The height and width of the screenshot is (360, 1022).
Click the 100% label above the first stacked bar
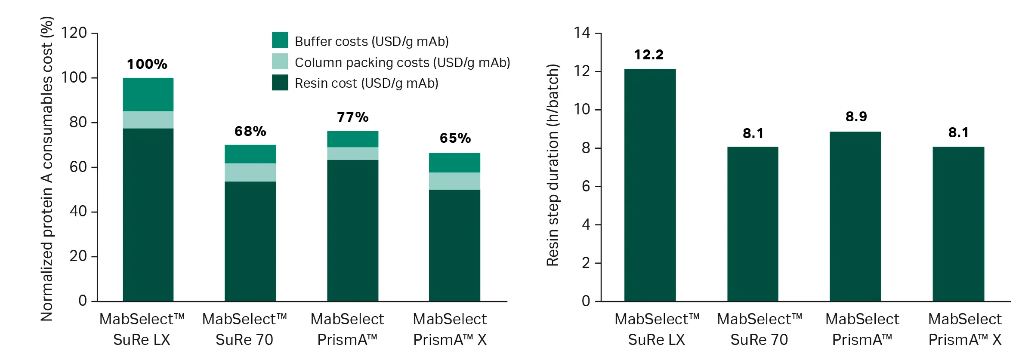point(147,65)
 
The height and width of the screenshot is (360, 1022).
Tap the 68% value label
point(250,131)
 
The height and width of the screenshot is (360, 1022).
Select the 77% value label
point(352,117)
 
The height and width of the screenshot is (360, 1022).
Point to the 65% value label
point(455,138)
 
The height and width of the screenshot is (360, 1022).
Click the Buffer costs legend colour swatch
point(280,40)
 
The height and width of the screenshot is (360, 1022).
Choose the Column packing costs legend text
point(402,63)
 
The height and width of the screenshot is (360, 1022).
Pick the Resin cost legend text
point(366,83)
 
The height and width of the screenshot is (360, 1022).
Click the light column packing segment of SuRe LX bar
point(148,120)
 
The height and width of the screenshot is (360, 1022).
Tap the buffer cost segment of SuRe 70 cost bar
point(250,154)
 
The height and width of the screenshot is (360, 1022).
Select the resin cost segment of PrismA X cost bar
point(454,245)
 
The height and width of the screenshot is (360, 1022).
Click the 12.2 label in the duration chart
point(649,55)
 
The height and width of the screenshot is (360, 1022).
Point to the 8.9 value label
point(856,117)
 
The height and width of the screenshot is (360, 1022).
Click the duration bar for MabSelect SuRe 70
point(753,224)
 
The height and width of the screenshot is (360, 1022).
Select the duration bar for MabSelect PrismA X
point(958,224)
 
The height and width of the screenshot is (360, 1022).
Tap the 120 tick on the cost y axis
point(74,33)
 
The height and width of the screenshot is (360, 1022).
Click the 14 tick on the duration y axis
point(582,33)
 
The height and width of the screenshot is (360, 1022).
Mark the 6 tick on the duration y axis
point(586,187)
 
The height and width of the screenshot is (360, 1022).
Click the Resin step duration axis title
point(553,165)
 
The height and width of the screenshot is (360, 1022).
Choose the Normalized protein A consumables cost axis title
point(46,169)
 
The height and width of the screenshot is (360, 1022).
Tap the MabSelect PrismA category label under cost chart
point(347,329)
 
